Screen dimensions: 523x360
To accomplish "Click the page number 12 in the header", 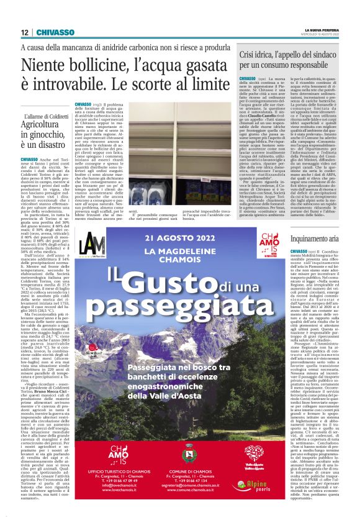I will [24, 32].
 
